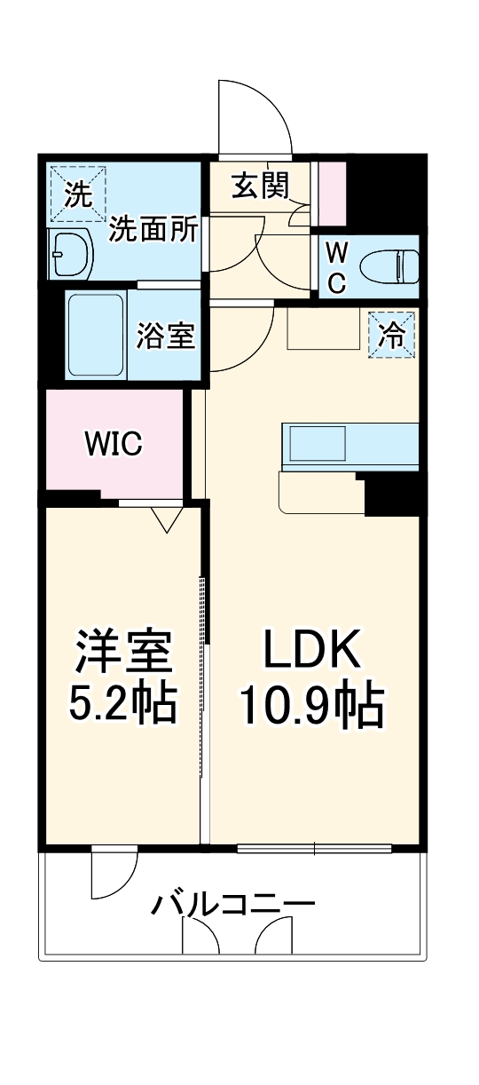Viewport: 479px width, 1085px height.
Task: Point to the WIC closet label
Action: pyautogui.click(x=114, y=444)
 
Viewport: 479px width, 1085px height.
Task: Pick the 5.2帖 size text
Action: pyautogui.click(x=122, y=703)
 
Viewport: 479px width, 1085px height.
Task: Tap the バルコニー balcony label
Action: pyautogui.click(x=233, y=906)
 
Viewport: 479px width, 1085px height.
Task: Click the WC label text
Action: pyautogui.click(x=336, y=267)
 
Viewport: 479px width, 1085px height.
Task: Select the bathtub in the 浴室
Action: pyautogui.click(x=95, y=336)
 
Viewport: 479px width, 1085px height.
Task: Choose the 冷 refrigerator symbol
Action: pyautogui.click(x=391, y=335)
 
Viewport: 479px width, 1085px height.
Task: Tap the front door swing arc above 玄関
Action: pyautogui.click(x=255, y=115)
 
